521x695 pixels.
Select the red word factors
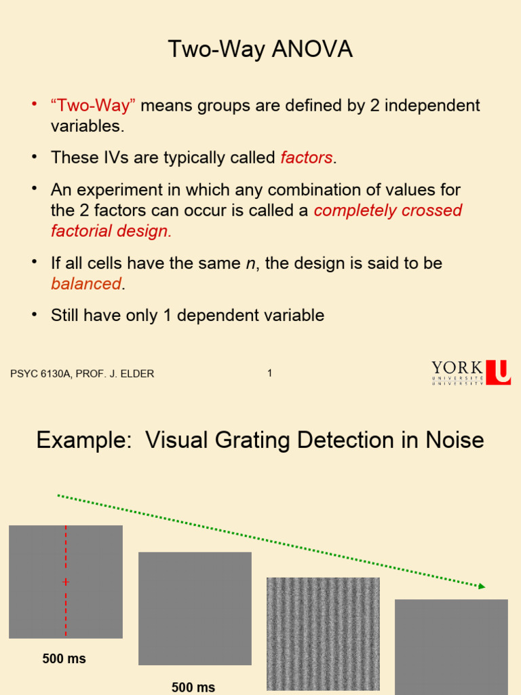307,158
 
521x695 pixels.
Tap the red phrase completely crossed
388,210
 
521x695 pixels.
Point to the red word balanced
86,284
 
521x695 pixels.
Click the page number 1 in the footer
270,373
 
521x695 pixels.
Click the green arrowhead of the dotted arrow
481,586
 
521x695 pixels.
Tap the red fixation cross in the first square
66,582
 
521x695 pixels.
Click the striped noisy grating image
323,633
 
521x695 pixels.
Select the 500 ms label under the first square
64,659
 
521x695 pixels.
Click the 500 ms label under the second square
193,688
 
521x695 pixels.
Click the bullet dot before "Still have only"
33,314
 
